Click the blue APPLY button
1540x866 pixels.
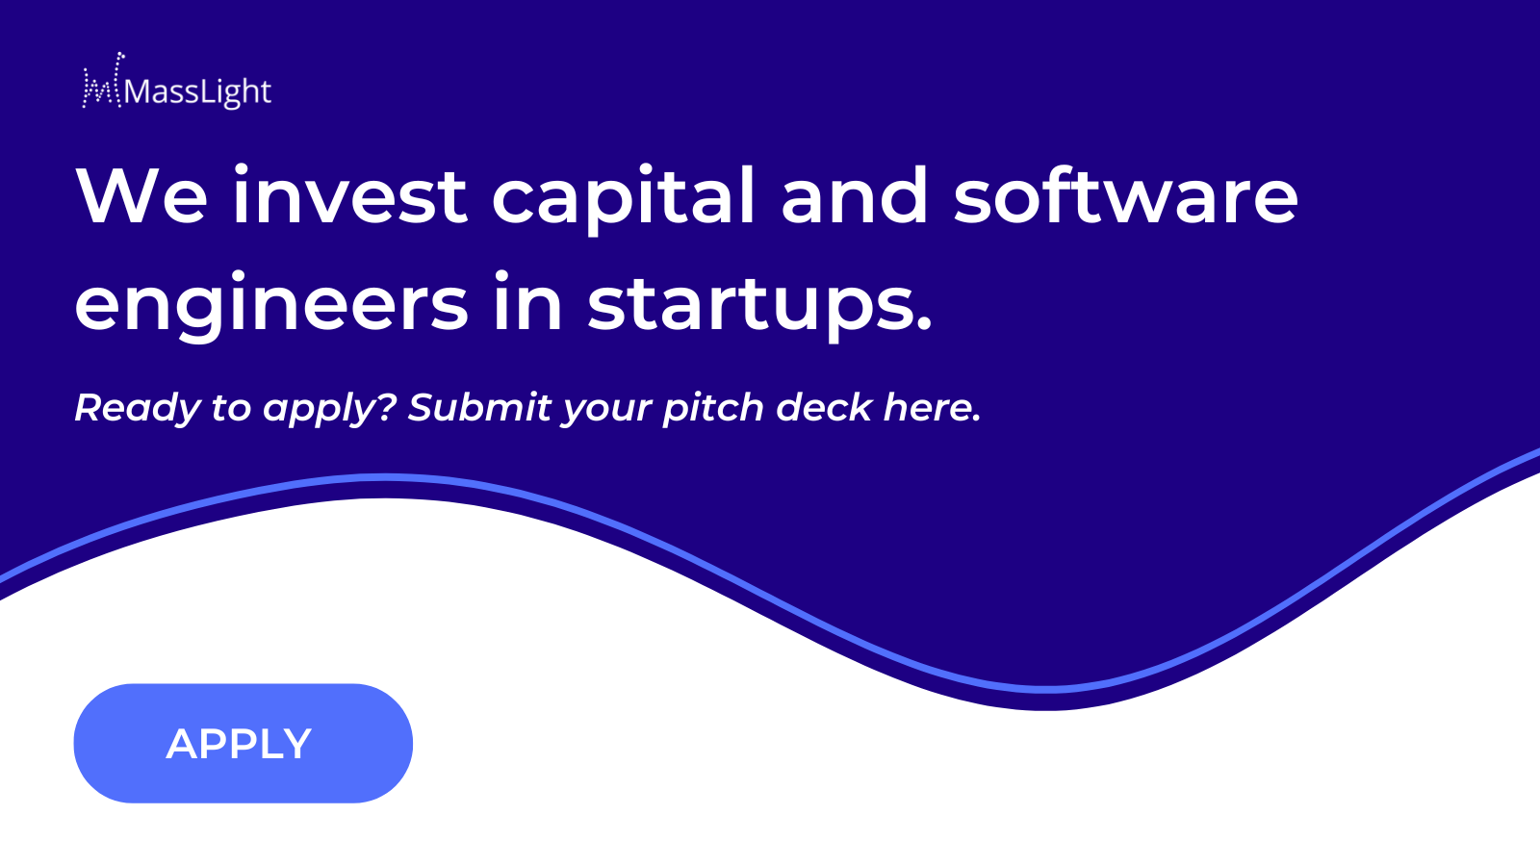tap(243, 743)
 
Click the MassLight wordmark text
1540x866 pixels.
tap(198, 92)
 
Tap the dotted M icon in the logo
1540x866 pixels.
tap(103, 81)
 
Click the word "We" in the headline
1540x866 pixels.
tap(141, 195)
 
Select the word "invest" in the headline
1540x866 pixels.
tap(350, 195)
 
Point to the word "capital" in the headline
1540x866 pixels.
tap(624, 198)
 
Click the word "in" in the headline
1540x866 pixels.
tap(528, 301)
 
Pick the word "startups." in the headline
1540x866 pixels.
tap(759, 306)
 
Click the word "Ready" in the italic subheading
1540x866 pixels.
tap(137, 408)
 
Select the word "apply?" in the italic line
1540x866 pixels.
tap(331, 408)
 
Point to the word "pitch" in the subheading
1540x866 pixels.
tap(713, 408)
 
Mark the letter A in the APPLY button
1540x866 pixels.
tap(182, 744)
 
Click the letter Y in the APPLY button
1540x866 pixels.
tap(295, 744)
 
